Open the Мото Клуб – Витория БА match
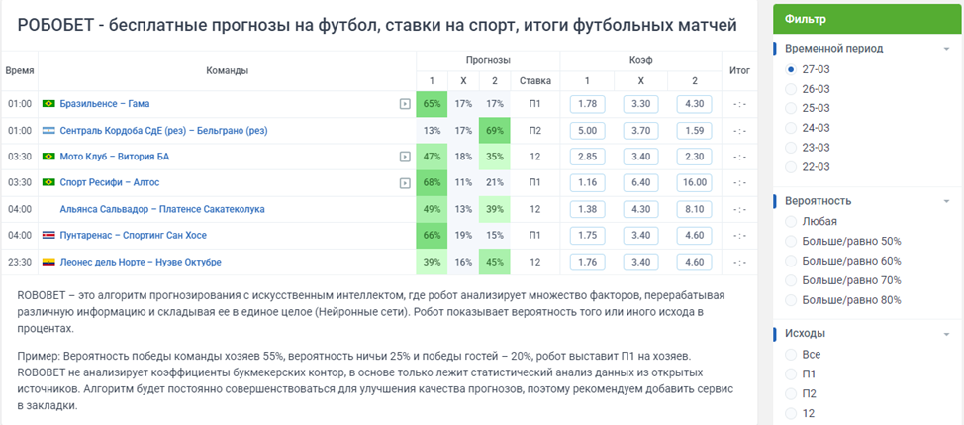tap(114, 157)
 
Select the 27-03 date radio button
tap(791, 70)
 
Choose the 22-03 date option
tap(791, 167)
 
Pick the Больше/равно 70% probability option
tap(791, 280)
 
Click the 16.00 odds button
tap(694, 182)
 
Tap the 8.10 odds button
tap(694, 209)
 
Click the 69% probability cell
tap(494, 130)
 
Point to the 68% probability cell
tap(431, 182)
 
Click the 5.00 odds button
tap(587, 130)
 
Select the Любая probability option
tap(791, 222)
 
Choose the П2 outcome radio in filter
tap(791, 393)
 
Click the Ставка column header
tap(534, 80)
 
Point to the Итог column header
tap(739, 70)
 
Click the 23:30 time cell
tap(20, 262)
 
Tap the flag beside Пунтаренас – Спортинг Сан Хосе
tap(48, 236)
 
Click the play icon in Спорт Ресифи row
tap(404, 183)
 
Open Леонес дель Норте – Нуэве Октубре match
tap(140, 262)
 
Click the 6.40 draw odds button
tap(640, 182)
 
